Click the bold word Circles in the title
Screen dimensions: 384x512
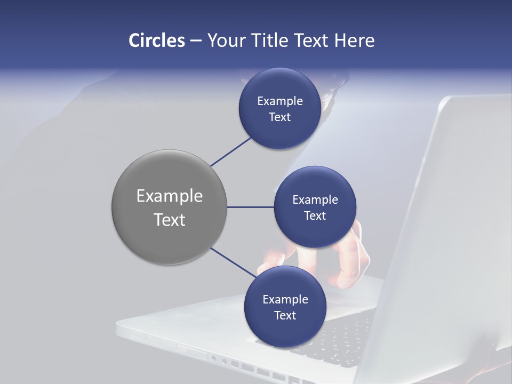[x=156, y=41]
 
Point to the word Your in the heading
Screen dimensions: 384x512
[x=223, y=41]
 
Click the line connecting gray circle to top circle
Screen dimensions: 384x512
[x=230, y=151]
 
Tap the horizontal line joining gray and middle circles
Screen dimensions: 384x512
[x=250, y=207]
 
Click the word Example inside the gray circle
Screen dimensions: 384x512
[x=169, y=196]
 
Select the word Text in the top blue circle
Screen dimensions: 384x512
[x=279, y=117]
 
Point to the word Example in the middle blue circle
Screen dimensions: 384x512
[x=315, y=200]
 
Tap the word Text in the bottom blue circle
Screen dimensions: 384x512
[x=285, y=316]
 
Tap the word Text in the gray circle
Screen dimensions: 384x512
[x=169, y=220]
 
